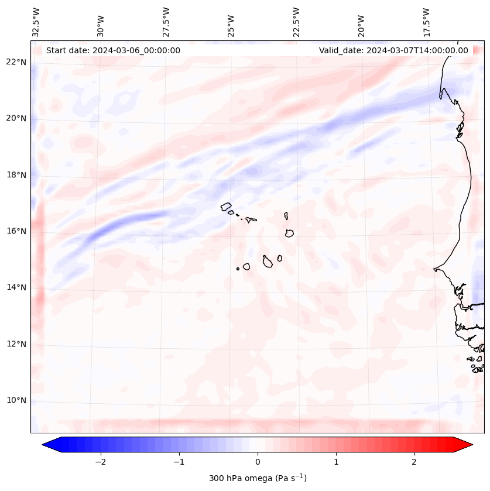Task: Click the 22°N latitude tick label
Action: tap(16, 62)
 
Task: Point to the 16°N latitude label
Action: tap(16, 231)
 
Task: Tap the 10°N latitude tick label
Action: tap(16, 400)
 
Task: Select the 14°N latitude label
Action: tap(16, 287)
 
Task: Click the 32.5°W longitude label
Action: tap(36, 22)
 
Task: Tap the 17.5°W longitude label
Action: tap(426, 22)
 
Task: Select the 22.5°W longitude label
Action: tap(296, 22)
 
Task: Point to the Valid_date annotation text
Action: tap(393, 50)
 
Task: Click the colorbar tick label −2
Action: tap(100, 462)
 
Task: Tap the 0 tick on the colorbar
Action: tap(258, 462)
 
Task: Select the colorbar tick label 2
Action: tap(414, 462)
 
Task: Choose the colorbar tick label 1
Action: tap(336, 462)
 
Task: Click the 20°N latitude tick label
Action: tap(16, 118)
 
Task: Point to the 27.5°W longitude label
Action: tap(166, 22)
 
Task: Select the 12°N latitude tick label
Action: tap(16, 344)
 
